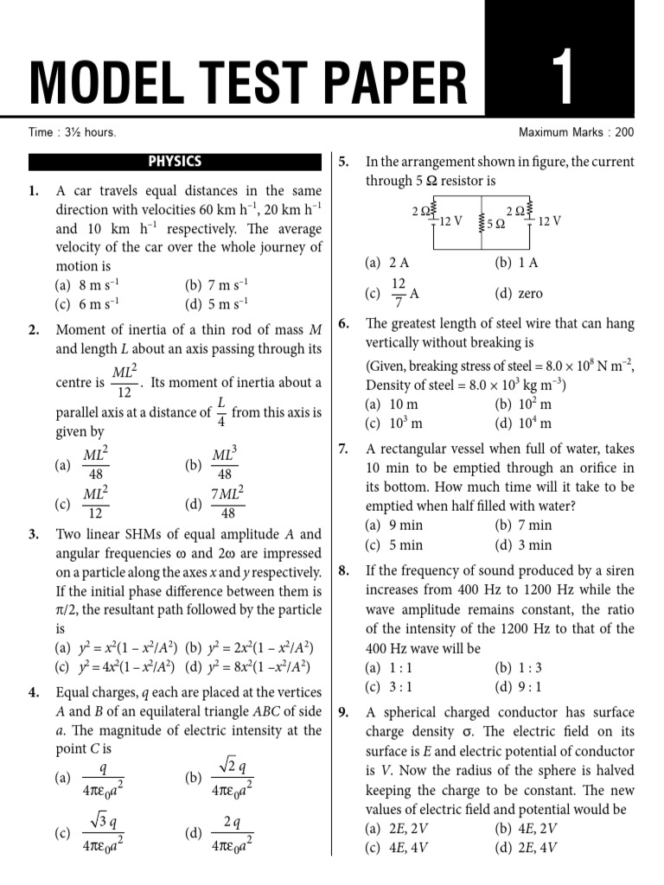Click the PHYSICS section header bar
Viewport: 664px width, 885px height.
[175, 162]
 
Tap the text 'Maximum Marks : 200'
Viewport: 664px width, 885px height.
[576, 132]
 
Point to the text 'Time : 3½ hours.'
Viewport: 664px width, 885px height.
[73, 132]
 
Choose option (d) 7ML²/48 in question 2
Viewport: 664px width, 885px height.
[216, 503]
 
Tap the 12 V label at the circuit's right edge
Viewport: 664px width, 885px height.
[549, 221]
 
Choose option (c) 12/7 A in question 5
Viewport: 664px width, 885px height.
[393, 293]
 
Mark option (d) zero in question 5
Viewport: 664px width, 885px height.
[519, 294]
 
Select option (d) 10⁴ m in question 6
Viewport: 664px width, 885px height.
[523, 423]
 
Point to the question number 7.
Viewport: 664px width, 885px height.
[343, 449]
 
